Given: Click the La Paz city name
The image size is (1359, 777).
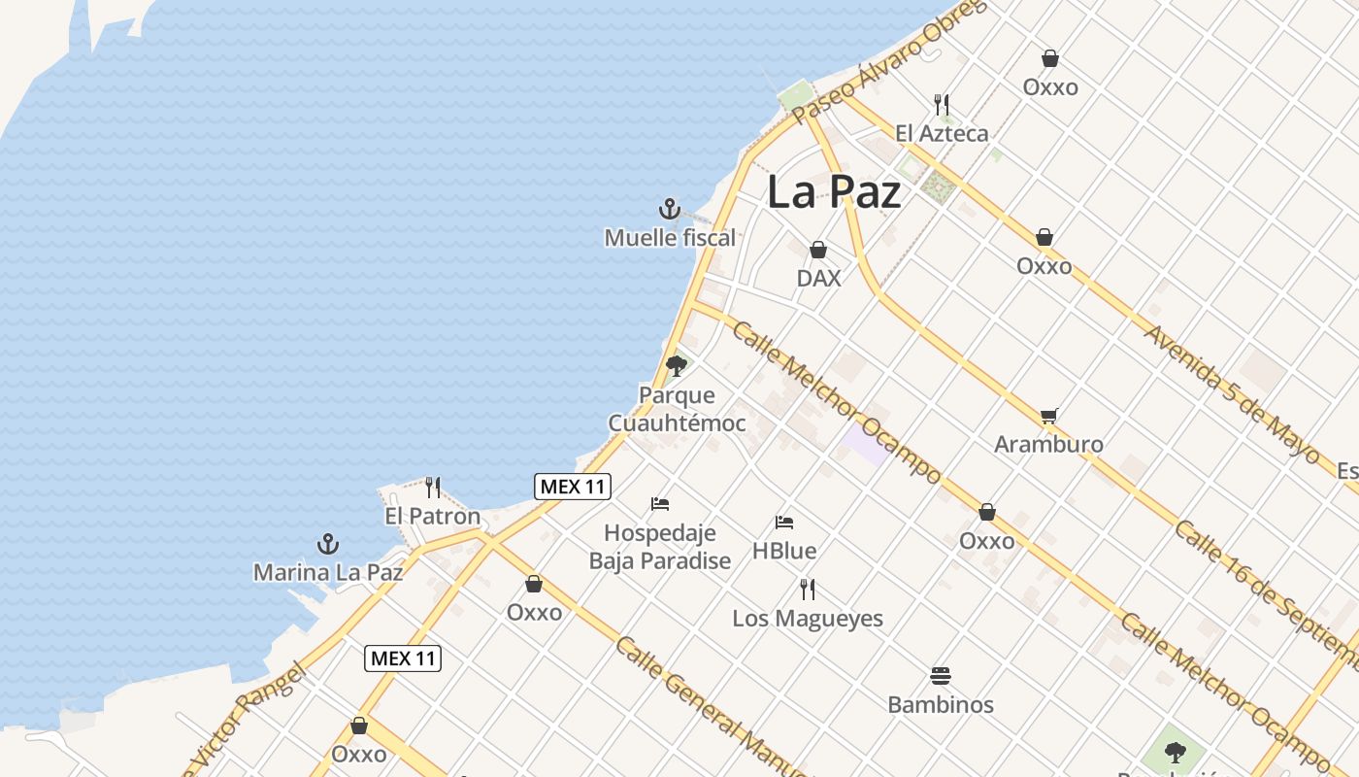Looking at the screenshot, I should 834,191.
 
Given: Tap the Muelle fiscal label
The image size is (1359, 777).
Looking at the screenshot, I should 670,237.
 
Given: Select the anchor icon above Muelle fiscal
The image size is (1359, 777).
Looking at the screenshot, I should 669,209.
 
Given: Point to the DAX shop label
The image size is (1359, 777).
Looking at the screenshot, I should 818,278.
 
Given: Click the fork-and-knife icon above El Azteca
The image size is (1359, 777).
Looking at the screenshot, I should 941,104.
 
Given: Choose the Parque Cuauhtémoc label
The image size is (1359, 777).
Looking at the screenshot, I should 677,409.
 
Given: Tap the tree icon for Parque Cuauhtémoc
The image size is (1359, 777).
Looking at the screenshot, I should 677,366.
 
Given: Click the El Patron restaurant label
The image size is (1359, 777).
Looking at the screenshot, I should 432,516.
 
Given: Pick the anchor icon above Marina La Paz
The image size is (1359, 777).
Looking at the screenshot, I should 328,544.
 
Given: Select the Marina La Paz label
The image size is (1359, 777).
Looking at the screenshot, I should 328,572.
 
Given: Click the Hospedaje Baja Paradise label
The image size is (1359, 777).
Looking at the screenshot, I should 660,547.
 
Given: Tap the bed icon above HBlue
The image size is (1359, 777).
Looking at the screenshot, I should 784,523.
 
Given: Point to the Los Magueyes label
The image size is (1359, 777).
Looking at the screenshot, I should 808,618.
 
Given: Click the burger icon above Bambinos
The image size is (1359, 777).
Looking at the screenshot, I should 940,675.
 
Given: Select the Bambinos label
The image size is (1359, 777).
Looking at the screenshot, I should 941,704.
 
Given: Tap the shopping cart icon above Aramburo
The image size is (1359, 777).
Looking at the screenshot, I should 1048,416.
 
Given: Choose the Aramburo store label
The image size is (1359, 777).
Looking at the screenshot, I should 1048,444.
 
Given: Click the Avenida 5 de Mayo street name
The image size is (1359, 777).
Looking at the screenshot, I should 1231,393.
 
